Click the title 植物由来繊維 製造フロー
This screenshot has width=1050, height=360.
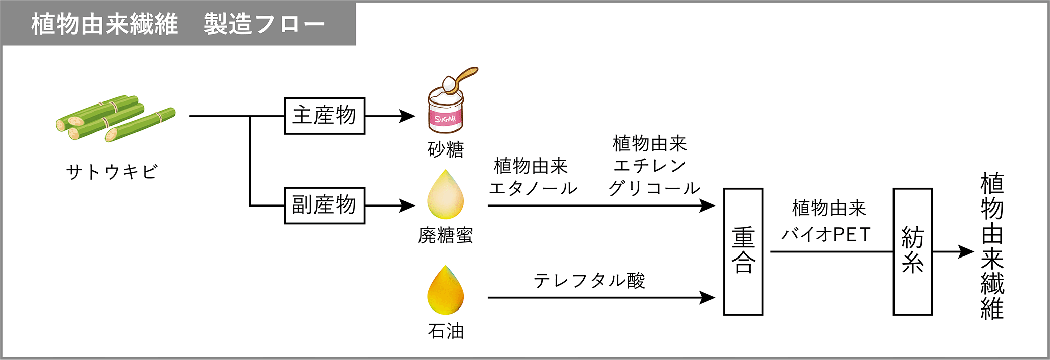click(x=178, y=24)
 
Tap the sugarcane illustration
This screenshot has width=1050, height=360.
click(x=115, y=118)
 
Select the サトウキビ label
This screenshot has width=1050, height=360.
click(x=112, y=172)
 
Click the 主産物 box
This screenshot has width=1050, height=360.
click(x=325, y=116)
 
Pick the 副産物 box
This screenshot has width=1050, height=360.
click(x=325, y=205)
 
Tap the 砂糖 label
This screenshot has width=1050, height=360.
click(x=445, y=150)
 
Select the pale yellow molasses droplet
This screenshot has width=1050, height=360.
click(x=445, y=195)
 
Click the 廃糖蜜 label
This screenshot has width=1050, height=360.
click(x=445, y=236)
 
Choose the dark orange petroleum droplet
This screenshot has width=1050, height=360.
click(x=445, y=291)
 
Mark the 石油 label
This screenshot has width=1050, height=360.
click(x=445, y=331)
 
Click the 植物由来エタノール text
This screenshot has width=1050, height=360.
click(x=533, y=177)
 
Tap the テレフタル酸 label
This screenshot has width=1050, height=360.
click(x=589, y=281)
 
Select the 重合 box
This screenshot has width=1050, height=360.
click(x=743, y=251)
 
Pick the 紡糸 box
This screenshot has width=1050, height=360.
click(x=912, y=251)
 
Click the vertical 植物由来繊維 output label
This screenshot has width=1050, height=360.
click(x=992, y=246)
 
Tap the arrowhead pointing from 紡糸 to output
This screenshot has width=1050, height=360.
click(x=967, y=251)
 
